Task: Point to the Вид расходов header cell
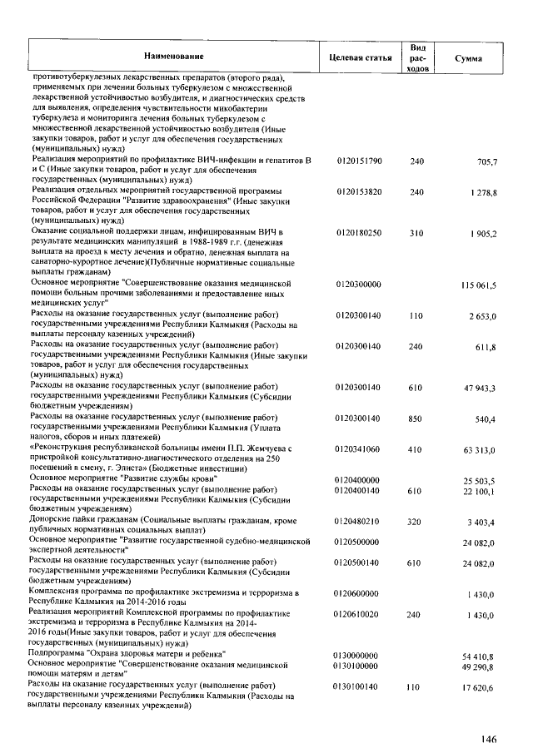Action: click(418, 56)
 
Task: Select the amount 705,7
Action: click(485, 161)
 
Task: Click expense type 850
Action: click(417, 419)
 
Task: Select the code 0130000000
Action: click(355, 656)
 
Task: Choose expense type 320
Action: click(417, 522)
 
